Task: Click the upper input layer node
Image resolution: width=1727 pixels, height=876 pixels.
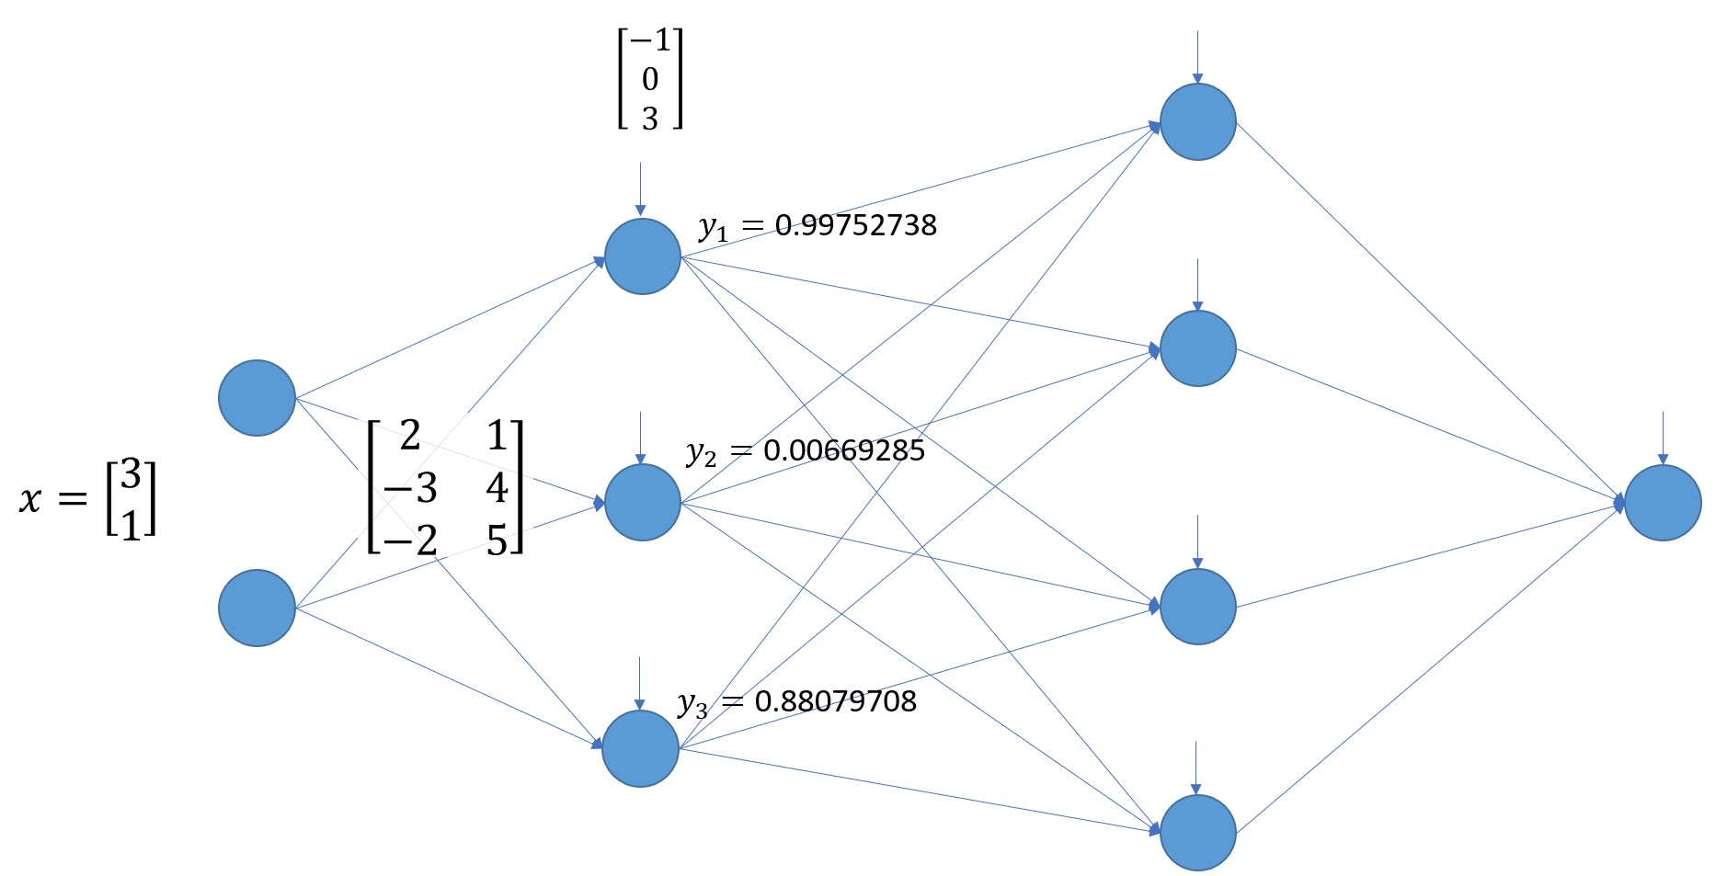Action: tap(257, 398)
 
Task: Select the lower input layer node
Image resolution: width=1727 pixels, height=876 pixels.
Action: tap(257, 608)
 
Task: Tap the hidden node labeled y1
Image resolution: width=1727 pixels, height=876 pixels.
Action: tap(642, 256)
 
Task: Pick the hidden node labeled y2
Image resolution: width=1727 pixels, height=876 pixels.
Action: tap(642, 502)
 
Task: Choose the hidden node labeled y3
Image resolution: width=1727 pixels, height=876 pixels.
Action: tap(640, 748)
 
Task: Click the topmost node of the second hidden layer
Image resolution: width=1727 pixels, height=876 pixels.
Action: tap(1197, 122)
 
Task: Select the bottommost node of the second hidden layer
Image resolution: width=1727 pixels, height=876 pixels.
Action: tap(1197, 833)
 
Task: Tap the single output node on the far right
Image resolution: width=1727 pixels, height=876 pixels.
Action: tap(1663, 503)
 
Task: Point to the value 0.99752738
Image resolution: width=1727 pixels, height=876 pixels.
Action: tap(855, 225)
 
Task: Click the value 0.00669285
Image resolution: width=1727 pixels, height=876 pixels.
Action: tap(844, 450)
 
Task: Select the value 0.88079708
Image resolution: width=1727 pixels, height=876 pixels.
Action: tap(835, 701)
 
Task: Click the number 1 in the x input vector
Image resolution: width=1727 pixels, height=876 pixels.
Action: tap(131, 524)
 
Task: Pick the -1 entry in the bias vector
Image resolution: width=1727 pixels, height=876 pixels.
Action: tap(651, 41)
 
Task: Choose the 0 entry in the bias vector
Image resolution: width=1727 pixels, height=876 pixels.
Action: tap(650, 80)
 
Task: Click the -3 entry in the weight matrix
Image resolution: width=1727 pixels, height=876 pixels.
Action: tap(410, 488)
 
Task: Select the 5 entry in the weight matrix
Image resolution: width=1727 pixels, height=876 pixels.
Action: tap(497, 540)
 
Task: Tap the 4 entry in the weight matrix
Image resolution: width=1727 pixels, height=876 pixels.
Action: tap(497, 488)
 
